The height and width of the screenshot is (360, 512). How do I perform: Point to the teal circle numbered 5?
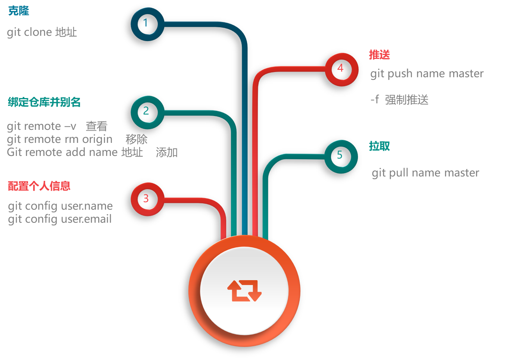click(x=341, y=156)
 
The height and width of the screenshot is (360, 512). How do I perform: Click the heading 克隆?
click(x=19, y=11)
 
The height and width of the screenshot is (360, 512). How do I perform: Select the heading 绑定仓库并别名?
click(x=44, y=102)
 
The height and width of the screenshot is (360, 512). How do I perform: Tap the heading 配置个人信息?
click(x=39, y=186)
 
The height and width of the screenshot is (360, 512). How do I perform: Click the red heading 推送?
click(x=380, y=54)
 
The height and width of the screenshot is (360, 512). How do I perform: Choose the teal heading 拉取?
click(x=380, y=146)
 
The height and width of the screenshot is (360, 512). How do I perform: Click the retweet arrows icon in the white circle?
click(x=244, y=291)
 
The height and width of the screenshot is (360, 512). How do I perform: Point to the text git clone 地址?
click(x=42, y=32)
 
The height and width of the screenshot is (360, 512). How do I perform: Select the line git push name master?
click(x=427, y=74)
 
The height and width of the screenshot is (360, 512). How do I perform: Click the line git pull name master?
click(x=425, y=173)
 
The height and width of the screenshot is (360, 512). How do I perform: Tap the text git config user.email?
click(x=60, y=219)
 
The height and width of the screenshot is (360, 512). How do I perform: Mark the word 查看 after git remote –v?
click(x=96, y=126)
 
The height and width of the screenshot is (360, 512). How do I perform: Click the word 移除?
click(x=136, y=139)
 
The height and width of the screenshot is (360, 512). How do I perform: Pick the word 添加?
click(x=166, y=152)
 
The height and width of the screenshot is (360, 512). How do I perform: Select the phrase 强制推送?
click(x=407, y=100)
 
